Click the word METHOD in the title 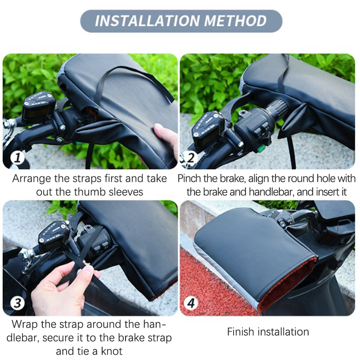pyautogui.click(x=235, y=21)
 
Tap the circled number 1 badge pyautogui.click(x=18, y=158)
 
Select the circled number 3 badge pyautogui.click(x=18, y=303)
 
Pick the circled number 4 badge pyautogui.click(x=191, y=303)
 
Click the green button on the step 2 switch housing pyautogui.click(x=261, y=149)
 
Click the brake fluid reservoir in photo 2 pyautogui.click(x=208, y=132)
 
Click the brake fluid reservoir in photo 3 pyautogui.click(x=54, y=236)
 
